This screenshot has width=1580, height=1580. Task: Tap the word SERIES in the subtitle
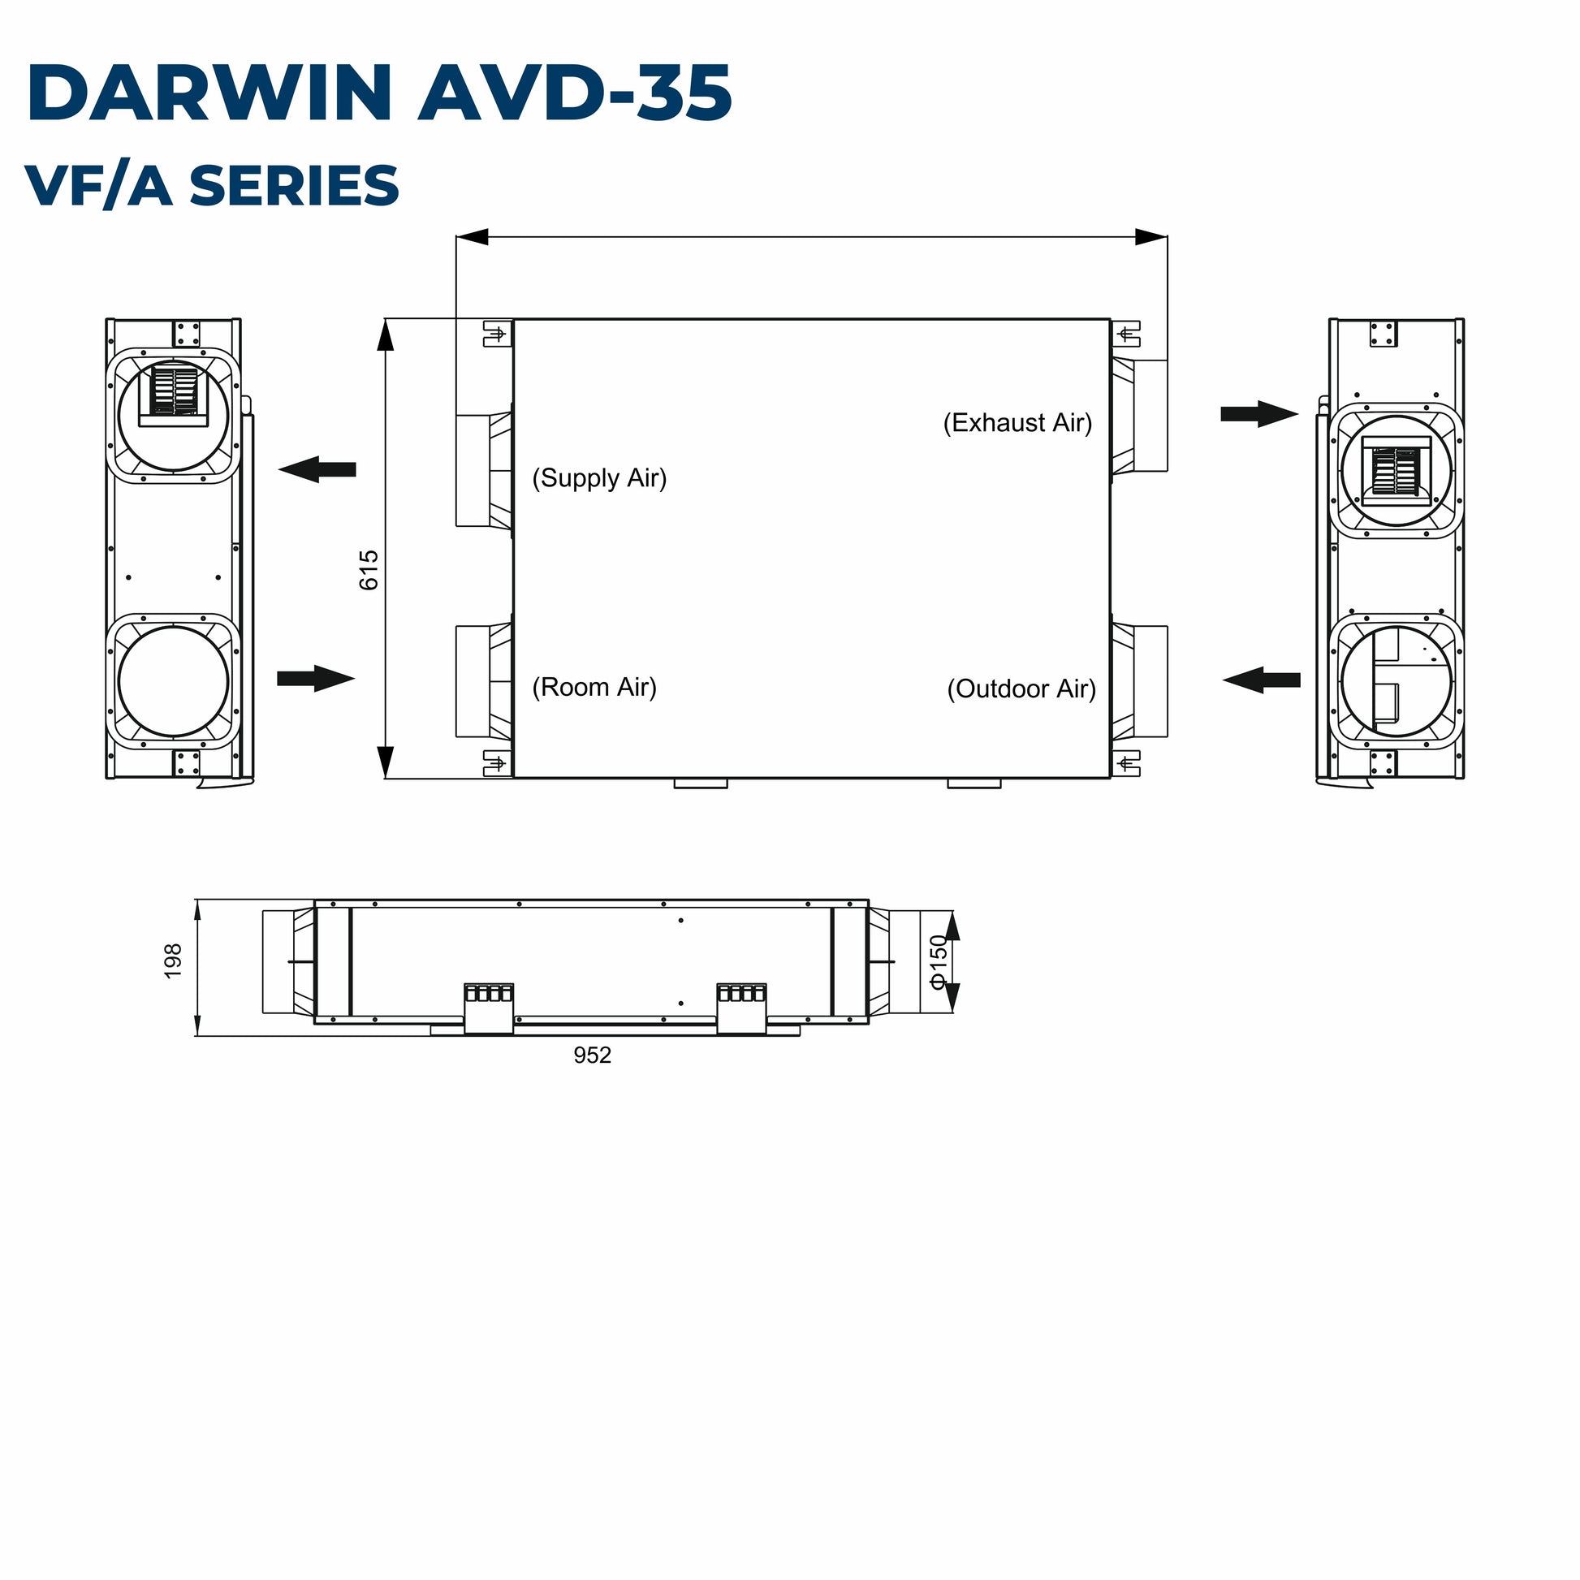pyautogui.click(x=295, y=186)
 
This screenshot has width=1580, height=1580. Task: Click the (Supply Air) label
pyautogui.click(x=599, y=477)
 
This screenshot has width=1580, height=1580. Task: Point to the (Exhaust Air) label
pyautogui.click(x=1017, y=423)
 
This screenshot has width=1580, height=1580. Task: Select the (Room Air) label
pyautogui.click(x=594, y=687)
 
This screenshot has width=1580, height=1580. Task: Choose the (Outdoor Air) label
pyautogui.click(x=1021, y=689)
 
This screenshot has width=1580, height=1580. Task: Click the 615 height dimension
pyautogui.click(x=369, y=570)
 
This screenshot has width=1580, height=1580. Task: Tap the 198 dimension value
pyautogui.click(x=173, y=961)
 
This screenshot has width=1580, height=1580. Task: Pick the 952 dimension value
pyautogui.click(x=592, y=1055)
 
